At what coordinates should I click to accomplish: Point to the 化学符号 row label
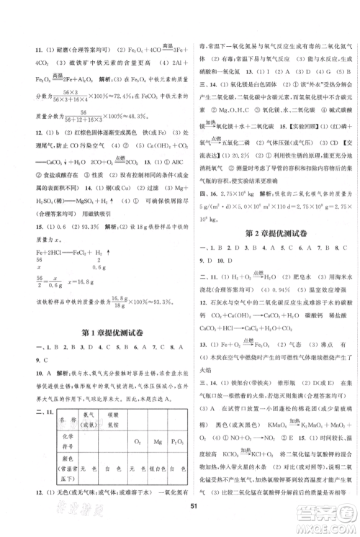click(x=40, y=451)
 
